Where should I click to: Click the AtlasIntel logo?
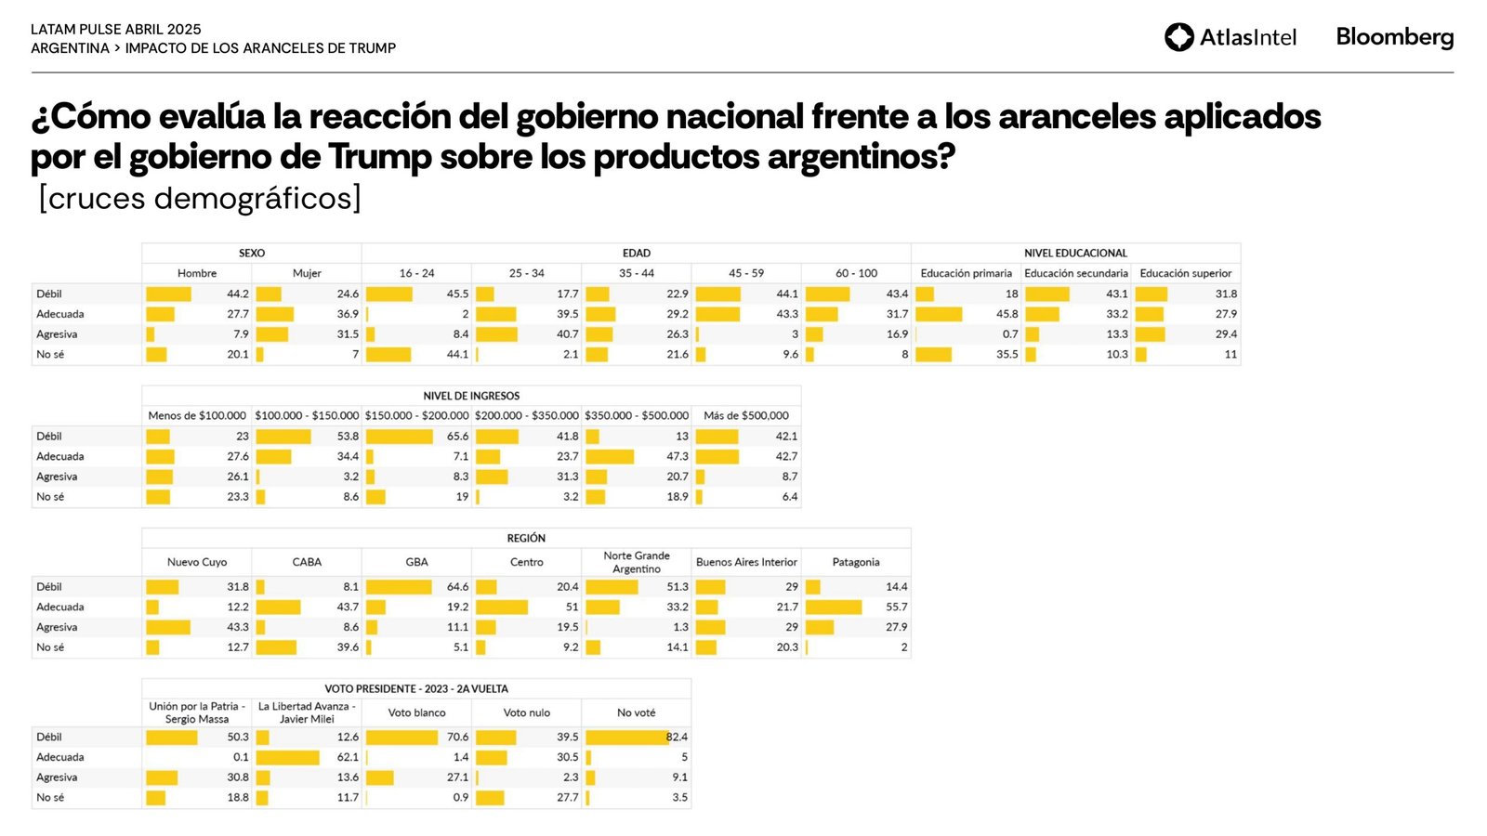[x=1230, y=37]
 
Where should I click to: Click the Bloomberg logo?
[x=1394, y=37]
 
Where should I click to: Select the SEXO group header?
[x=251, y=253]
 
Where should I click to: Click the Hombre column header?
[x=197, y=273]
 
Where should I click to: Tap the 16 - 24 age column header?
[x=416, y=273]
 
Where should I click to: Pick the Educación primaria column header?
[x=966, y=273]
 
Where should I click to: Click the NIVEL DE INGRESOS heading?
[x=471, y=396]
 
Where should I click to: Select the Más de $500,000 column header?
[x=745, y=415]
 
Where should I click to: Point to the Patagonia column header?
[x=855, y=562]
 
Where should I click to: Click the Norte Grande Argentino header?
[x=636, y=562]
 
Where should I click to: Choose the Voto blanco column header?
[x=416, y=712]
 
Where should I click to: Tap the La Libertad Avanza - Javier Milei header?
[x=307, y=712]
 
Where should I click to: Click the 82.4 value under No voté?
[x=677, y=737]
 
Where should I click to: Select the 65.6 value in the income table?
[x=457, y=436]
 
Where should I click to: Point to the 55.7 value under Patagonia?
[x=896, y=607]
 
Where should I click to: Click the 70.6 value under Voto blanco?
[x=457, y=737]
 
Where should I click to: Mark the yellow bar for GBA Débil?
[x=399, y=587]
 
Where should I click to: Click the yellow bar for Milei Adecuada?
[x=288, y=757]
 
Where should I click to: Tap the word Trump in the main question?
[x=379, y=157]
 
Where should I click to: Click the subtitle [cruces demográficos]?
[x=200, y=198]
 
